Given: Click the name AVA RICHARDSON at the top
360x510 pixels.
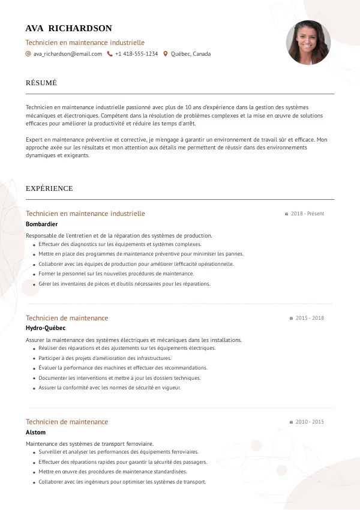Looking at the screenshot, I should [x=68, y=28].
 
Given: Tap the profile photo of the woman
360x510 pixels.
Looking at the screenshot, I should [x=308, y=43].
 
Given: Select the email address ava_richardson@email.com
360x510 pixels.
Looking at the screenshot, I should [x=68, y=54].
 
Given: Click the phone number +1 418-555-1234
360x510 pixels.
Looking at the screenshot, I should [x=136, y=54].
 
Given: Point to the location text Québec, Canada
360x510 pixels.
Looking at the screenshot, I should [x=191, y=54].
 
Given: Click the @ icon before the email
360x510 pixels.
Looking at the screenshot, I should [x=28, y=54].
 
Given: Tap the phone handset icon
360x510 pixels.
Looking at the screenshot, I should [x=110, y=54].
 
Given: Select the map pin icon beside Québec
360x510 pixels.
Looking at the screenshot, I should [x=166, y=54].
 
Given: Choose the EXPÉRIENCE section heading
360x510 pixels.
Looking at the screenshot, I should [x=49, y=188].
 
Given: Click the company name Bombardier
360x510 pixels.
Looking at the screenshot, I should [x=42, y=224].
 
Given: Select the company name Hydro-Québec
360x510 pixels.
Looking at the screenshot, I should [x=46, y=328].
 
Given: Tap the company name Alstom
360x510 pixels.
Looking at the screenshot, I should [x=35, y=432].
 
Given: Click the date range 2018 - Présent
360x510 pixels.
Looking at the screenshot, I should [x=307, y=214].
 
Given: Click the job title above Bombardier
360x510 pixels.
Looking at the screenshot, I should [x=85, y=214].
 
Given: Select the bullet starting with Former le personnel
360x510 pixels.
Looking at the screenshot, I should [x=116, y=274].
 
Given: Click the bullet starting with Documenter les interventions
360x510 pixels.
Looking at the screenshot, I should [x=119, y=378].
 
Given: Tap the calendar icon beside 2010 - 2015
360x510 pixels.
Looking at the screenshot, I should [x=291, y=422].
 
